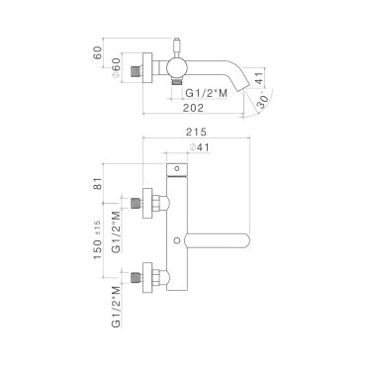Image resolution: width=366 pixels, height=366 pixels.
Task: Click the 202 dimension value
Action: tap(193, 108)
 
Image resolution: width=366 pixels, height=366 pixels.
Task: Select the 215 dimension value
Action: tap(196, 132)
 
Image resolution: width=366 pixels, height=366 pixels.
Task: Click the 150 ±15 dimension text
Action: tap(98, 239)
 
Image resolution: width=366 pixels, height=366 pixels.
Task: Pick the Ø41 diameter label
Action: tap(199, 147)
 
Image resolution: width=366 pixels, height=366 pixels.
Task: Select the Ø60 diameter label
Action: tap(116, 68)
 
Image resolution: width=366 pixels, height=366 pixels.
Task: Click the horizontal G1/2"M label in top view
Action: tap(207, 93)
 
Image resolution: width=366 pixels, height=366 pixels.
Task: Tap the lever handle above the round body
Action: tap(177, 47)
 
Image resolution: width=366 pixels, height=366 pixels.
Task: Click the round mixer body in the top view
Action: tap(177, 68)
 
